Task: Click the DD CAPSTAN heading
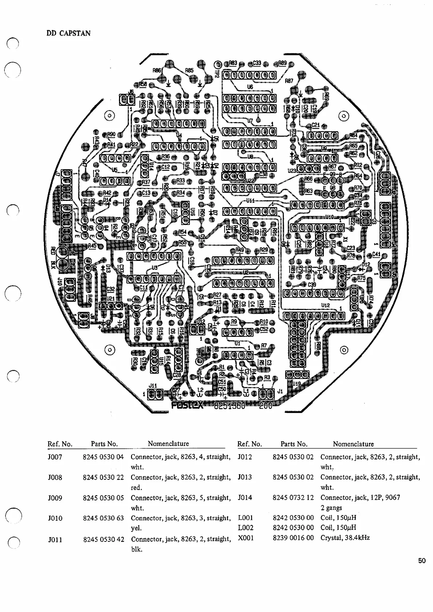click(x=68, y=33)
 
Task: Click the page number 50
click(x=422, y=561)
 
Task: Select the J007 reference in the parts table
click(x=55, y=457)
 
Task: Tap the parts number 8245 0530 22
click(x=103, y=477)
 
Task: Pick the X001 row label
click(x=246, y=537)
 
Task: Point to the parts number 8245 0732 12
click(x=293, y=498)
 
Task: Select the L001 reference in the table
click(x=245, y=518)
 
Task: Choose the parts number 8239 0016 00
click(x=293, y=537)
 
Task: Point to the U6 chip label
click(x=250, y=87)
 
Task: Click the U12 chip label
click(x=326, y=306)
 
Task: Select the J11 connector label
click(x=153, y=385)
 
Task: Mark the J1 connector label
click(x=279, y=391)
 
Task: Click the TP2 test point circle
click(x=218, y=65)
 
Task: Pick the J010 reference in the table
click(x=55, y=518)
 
